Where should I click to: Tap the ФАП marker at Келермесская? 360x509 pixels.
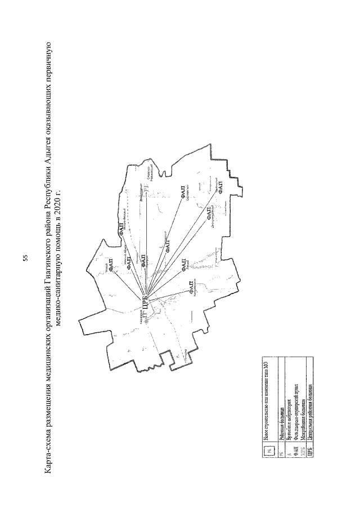[x=192, y=289]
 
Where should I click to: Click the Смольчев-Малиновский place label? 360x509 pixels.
[x=147, y=172]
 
